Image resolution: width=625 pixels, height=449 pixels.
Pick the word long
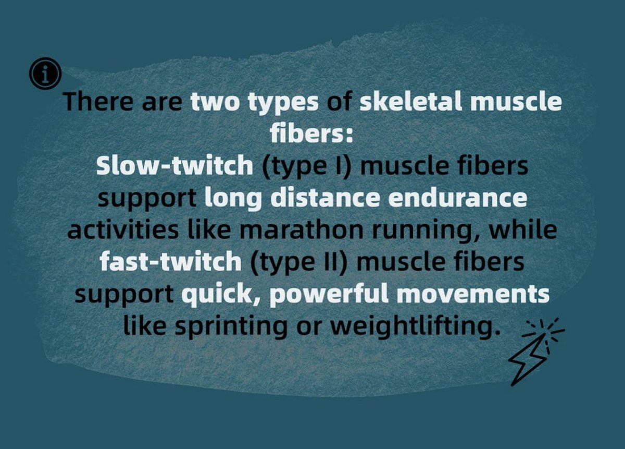tap(230, 199)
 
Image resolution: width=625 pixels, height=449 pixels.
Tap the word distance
tap(321, 198)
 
